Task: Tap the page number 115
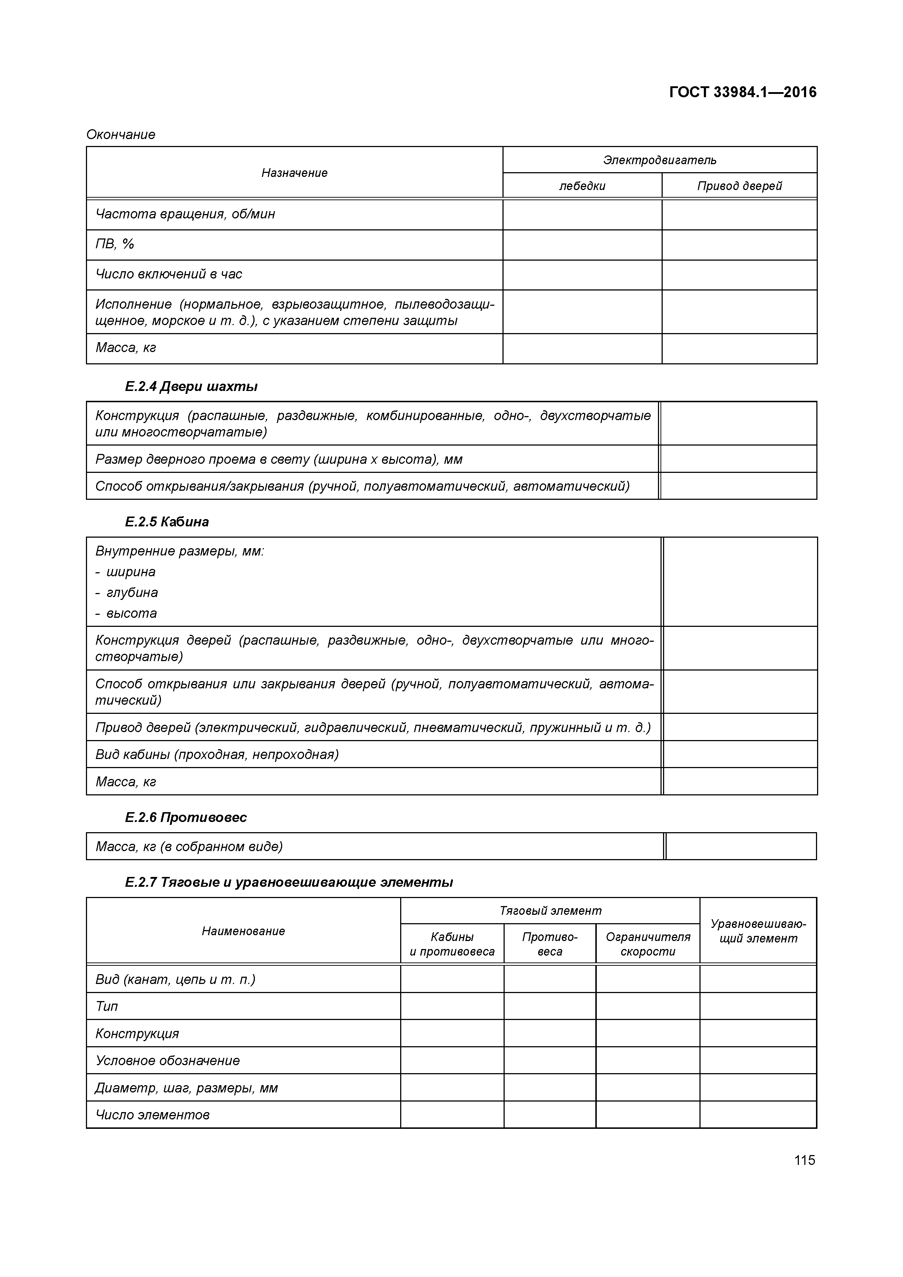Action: [805, 1160]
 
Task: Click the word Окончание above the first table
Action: [121, 135]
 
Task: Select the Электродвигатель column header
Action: [659, 160]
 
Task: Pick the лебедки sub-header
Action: [582, 186]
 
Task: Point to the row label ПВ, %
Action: [115, 244]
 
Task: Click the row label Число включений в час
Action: [169, 274]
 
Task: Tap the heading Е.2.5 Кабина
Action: [167, 522]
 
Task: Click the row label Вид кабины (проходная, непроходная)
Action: [217, 755]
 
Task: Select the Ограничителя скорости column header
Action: [648, 944]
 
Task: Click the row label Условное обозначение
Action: [167, 1061]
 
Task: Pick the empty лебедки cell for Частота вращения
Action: [582, 215]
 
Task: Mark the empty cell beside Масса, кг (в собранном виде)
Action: [741, 846]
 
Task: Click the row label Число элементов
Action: [153, 1115]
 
